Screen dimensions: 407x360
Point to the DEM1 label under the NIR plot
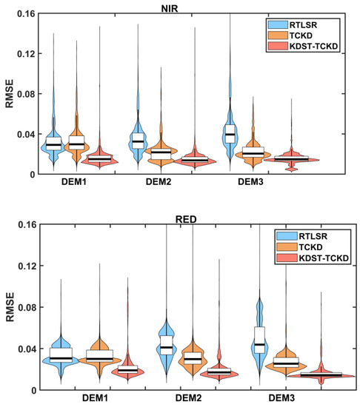[x=76, y=181]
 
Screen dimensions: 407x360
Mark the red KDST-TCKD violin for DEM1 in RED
[x=129, y=370]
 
